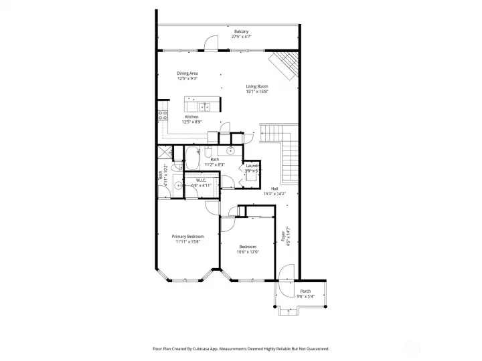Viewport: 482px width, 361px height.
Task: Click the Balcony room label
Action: tap(241, 31)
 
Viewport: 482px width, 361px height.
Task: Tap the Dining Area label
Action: tap(187, 73)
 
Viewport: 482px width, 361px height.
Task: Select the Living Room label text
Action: tap(257, 86)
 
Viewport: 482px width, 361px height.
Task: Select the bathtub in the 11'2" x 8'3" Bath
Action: tap(191, 160)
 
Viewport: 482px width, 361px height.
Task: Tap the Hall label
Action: tap(274, 189)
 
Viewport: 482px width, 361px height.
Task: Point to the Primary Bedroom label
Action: tap(187, 237)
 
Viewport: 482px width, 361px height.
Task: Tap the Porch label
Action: tap(305, 291)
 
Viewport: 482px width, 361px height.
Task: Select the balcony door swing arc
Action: tap(212, 44)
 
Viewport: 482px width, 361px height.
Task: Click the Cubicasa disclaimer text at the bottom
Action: tap(241, 348)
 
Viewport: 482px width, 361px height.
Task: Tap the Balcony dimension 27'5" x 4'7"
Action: tap(241, 37)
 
